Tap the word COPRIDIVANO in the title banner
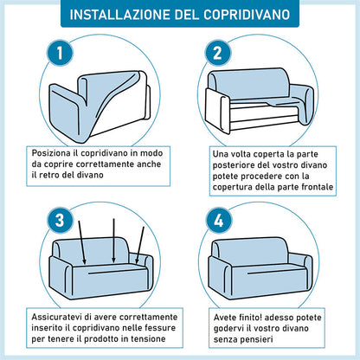(x=247, y=15)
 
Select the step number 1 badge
(x=60, y=53)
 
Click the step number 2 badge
(x=218, y=53)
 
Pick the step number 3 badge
(x=60, y=221)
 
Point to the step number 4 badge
(x=219, y=221)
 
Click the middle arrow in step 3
(x=114, y=241)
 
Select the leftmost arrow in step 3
(x=82, y=242)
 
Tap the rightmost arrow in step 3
(x=139, y=245)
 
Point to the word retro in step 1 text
(x=48, y=175)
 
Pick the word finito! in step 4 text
(x=250, y=318)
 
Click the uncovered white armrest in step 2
(x=217, y=111)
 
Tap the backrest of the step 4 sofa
(x=250, y=250)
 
